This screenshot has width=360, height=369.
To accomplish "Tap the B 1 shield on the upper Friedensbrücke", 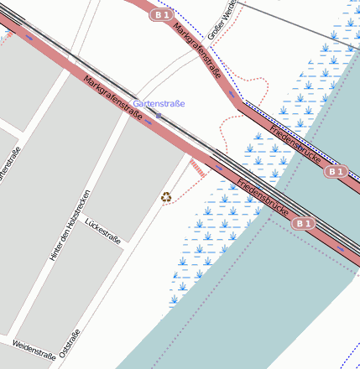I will click(x=336, y=171).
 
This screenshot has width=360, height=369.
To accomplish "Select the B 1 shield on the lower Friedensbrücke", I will click(x=303, y=223).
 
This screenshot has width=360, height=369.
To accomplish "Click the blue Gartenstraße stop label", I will click(x=159, y=103).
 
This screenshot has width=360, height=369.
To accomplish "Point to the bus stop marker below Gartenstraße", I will click(x=158, y=116).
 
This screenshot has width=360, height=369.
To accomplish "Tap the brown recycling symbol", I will click(x=166, y=197).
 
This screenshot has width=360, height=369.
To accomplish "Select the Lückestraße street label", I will click(x=103, y=231).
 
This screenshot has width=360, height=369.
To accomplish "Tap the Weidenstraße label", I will click(x=34, y=350).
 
